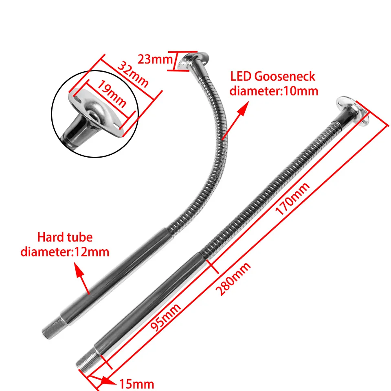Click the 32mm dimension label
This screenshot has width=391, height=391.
(134, 74)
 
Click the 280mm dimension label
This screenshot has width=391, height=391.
(233, 279)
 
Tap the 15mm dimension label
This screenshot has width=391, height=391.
(136, 383)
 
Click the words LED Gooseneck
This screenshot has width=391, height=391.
(272, 76)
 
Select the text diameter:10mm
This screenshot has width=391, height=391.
(274, 90)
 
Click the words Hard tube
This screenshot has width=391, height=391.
(65, 237)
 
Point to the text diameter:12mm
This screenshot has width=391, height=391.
(65, 252)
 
